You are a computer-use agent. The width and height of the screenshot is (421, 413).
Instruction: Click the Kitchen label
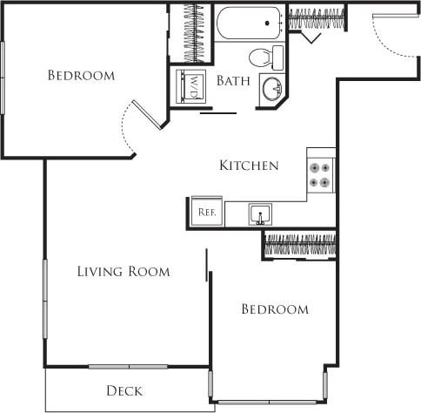(x=249, y=166)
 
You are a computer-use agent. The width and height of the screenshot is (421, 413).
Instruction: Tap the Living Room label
(x=123, y=271)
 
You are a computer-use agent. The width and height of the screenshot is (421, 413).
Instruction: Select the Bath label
(x=233, y=81)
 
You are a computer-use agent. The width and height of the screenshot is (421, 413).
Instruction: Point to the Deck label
(x=124, y=391)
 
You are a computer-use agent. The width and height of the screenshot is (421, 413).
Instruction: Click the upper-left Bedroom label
(x=81, y=76)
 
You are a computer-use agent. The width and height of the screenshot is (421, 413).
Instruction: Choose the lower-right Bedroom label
(x=275, y=309)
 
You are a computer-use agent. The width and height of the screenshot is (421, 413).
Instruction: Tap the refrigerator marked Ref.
(x=207, y=211)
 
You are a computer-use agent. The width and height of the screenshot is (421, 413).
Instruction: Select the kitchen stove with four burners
(x=321, y=173)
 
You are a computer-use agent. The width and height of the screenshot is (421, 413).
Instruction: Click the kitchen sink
(x=260, y=213)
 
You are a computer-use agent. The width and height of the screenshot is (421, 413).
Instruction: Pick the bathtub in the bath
(x=250, y=23)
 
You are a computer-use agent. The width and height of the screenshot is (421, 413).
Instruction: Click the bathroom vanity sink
(x=272, y=89)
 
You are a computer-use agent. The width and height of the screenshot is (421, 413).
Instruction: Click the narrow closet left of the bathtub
(x=193, y=32)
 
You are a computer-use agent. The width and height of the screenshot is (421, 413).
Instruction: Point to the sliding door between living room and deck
(x=130, y=366)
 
